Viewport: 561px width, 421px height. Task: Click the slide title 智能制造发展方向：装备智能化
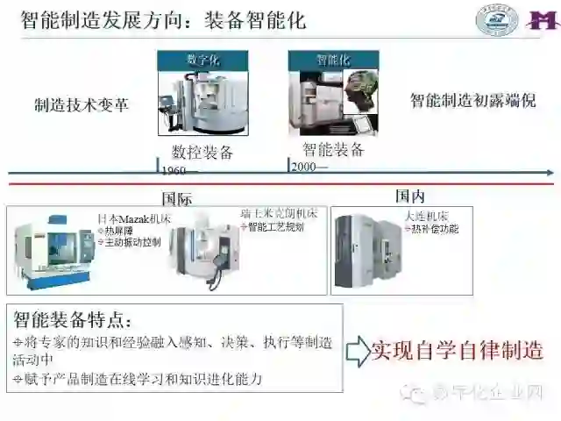(x=163, y=19)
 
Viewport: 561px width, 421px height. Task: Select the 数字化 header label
(x=202, y=60)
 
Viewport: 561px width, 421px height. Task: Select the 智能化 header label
(x=333, y=60)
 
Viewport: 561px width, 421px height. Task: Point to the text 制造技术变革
(x=81, y=104)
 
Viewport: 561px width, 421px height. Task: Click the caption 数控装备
(x=202, y=152)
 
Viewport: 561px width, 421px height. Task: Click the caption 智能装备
(x=333, y=149)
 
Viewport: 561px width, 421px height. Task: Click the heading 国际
(x=177, y=198)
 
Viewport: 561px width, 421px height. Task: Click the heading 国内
(x=409, y=196)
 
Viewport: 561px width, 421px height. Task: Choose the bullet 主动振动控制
(x=129, y=242)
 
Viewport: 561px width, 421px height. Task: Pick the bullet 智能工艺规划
(x=275, y=227)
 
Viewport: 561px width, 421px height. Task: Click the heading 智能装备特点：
(x=72, y=318)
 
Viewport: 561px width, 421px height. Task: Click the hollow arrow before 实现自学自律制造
(x=356, y=351)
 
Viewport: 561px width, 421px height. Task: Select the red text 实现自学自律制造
(x=457, y=351)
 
